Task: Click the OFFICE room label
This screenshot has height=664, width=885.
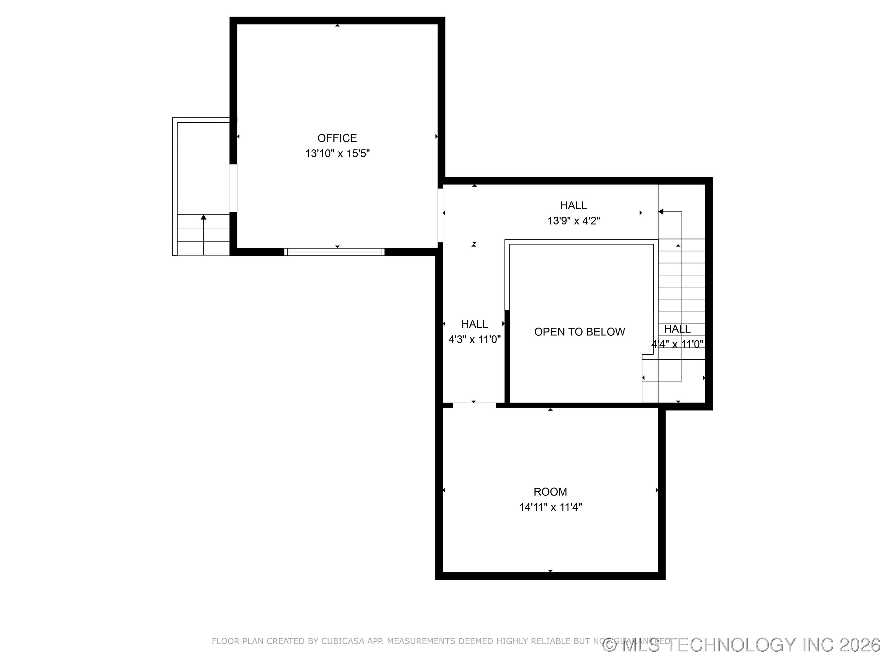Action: point(337,138)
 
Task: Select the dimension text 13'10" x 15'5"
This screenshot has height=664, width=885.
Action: point(337,154)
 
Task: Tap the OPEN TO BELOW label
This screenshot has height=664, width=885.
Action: point(579,332)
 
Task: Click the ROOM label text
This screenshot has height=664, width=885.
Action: point(550,492)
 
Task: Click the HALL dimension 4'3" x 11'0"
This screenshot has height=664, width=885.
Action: point(474,340)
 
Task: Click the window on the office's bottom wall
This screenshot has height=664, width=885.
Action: point(334,252)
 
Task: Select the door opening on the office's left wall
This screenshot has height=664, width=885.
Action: point(233,188)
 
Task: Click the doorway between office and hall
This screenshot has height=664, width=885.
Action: point(440,215)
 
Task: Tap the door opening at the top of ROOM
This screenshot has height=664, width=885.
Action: point(474,405)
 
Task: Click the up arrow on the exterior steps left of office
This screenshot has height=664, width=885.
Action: point(204,217)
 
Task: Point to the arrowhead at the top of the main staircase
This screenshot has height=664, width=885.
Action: point(661,212)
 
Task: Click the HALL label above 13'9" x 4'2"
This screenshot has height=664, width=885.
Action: point(573,205)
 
